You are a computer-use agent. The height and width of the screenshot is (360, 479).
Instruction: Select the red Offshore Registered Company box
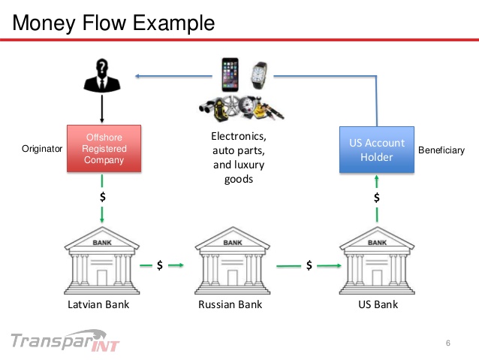point(104,148)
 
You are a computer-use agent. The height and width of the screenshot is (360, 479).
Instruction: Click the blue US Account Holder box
point(376,149)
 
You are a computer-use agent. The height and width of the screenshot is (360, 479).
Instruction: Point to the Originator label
point(41,150)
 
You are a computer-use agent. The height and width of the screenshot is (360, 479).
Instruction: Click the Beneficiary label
point(441,150)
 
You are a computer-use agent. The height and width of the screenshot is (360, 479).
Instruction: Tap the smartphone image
point(230,74)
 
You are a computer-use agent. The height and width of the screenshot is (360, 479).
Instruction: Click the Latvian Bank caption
point(98,304)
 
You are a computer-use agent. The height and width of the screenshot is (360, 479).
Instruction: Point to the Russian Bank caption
point(230,304)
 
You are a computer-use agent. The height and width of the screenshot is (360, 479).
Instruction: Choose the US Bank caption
point(378,304)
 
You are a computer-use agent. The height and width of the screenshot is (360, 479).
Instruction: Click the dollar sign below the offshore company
point(103,197)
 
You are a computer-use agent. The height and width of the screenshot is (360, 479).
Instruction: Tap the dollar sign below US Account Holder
point(377,198)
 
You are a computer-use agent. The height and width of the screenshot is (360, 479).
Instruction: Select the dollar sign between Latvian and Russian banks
point(159,265)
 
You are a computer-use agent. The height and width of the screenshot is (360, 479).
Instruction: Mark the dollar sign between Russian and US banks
point(309,265)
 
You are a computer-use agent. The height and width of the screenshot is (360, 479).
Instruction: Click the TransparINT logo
point(67,340)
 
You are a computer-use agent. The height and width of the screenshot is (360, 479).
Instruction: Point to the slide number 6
point(448,344)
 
